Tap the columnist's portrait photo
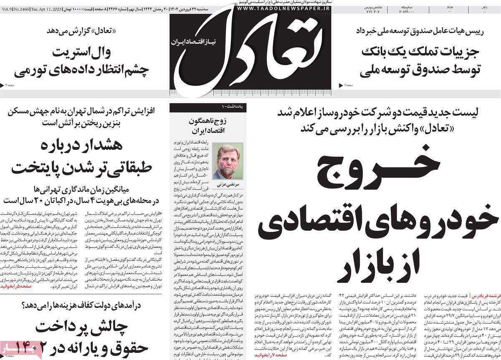tap(228, 161)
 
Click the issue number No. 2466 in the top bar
tap(20, 8)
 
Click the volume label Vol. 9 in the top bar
tap(6, 8)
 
